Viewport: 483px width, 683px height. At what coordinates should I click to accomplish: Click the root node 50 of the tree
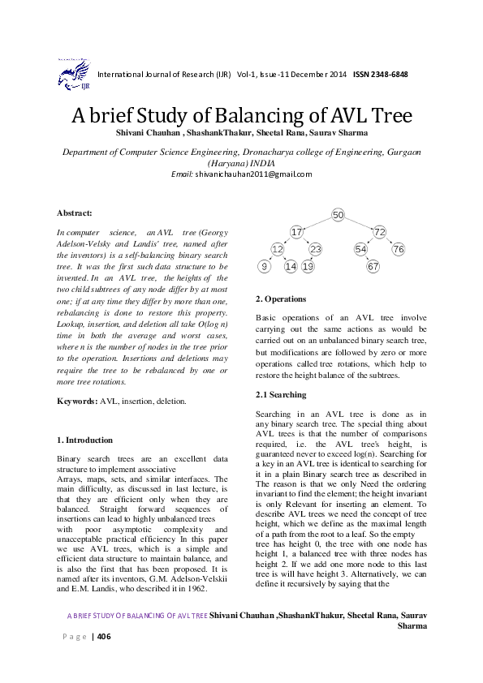pyautogui.click(x=338, y=214)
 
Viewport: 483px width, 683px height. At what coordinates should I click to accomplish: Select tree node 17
pyautogui.click(x=296, y=232)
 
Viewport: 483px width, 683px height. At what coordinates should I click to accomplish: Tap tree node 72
pyautogui.click(x=379, y=232)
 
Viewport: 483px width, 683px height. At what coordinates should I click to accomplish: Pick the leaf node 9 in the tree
pyautogui.click(x=263, y=266)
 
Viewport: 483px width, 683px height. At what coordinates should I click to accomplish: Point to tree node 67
pyautogui.click(x=373, y=266)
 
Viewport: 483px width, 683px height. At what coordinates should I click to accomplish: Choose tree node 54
pyautogui.click(x=360, y=249)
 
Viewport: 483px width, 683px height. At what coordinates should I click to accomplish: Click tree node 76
pyautogui.click(x=398, y=249)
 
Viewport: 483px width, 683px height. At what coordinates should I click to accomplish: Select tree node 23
pyautogui.click(x=315, y=249)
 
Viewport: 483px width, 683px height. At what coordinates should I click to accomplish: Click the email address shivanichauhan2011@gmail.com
pyautogui.click(x=252, y=174)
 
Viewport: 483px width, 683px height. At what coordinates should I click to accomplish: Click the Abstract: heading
pyautogui.click(x=74, y=213)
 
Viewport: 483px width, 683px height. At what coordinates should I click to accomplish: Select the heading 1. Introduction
pyautogui.click(x=84, y=440)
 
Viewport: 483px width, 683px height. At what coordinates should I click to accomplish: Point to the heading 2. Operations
pyautogui.click(x=280, y=299)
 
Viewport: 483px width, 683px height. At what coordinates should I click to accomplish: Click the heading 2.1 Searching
pyautogui.click(x=281, y=395)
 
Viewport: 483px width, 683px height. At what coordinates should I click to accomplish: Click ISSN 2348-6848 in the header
pyautogui.click(x=380, y=75)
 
